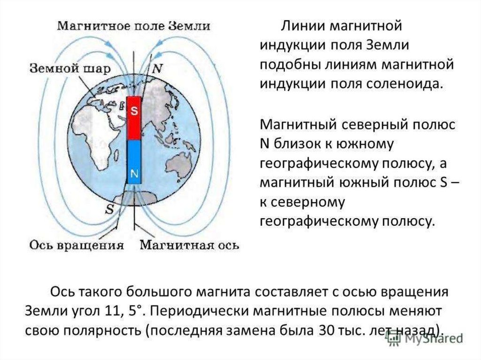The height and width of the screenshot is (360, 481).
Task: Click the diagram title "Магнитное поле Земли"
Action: (134, 26)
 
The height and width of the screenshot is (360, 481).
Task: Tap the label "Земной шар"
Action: (70, 69)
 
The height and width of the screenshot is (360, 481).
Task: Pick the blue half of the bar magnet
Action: (134, 161)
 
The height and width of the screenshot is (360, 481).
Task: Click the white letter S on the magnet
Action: (134, 112)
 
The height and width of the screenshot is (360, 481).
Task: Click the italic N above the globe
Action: (158, 69)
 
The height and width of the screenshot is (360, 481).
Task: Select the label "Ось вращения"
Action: (77, 245)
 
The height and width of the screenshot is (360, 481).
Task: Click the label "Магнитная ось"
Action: (190, 245)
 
